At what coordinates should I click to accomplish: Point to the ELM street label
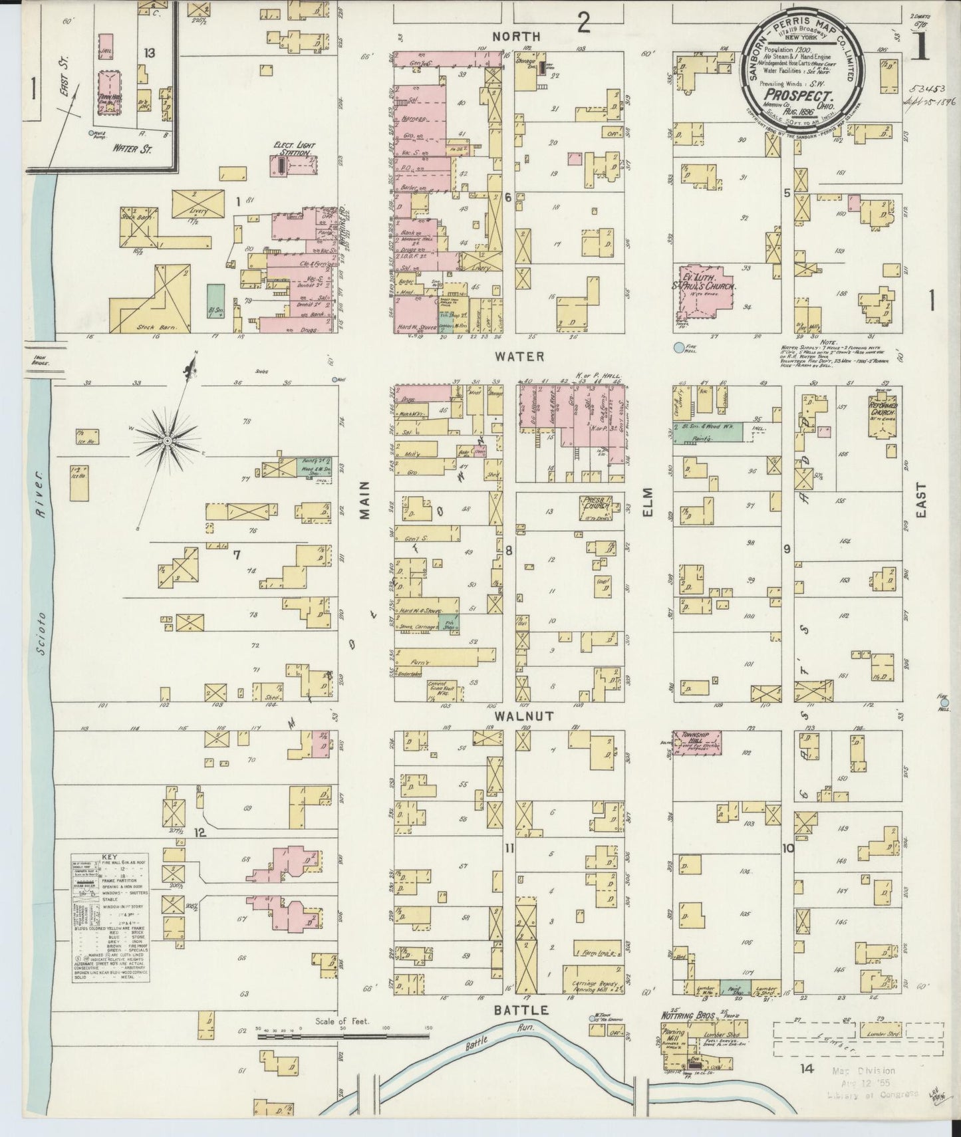coord(648,503)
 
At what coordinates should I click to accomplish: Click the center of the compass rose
coord(168,440)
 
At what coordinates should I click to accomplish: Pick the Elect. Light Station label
coord(294,148)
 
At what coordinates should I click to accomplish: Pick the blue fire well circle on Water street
coord(678,347)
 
